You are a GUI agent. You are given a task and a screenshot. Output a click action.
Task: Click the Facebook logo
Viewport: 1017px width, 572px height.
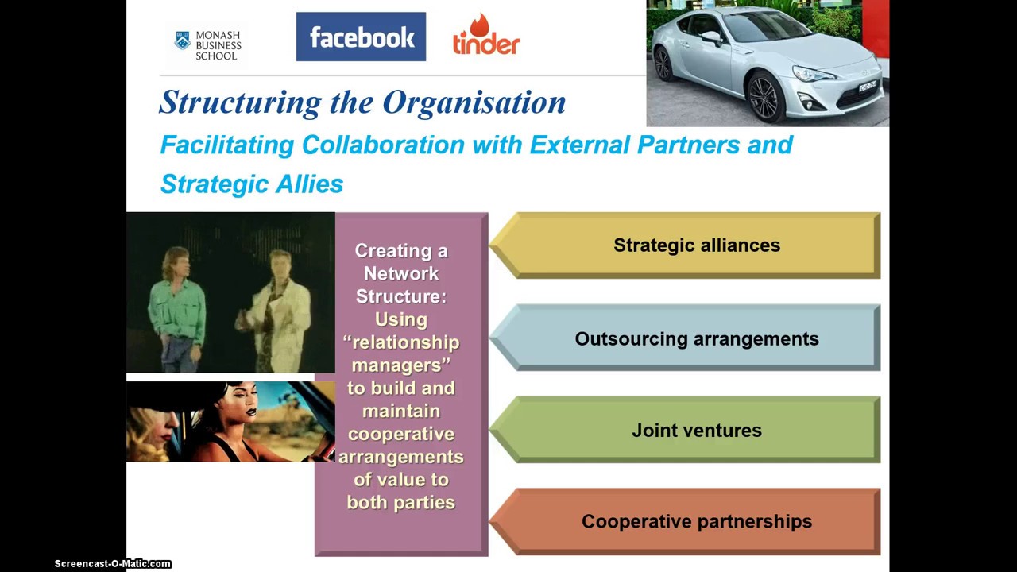point(361,37)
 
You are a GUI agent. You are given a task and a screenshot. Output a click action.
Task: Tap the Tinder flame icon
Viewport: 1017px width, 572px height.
point(480,24)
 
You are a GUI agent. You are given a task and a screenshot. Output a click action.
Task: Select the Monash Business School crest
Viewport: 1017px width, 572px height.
point(183,40)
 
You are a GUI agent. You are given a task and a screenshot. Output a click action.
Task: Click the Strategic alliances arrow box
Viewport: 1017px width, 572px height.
point(696,245)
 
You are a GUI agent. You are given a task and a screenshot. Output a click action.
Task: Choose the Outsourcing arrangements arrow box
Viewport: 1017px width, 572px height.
point(696,338)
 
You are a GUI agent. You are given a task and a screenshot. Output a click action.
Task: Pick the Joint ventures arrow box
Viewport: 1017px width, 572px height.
point(696,431)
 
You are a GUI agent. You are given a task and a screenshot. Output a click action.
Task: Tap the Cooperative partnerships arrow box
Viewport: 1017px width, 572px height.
point(696,522)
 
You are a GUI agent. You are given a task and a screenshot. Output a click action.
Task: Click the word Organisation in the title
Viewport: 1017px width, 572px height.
point(474,102)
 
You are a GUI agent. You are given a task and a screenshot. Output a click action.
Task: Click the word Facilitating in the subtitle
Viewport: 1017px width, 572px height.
point(227,145)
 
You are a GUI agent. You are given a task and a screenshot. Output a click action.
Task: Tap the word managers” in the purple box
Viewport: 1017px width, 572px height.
point(401,365)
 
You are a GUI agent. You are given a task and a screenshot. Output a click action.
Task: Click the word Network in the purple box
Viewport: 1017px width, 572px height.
point(401,273)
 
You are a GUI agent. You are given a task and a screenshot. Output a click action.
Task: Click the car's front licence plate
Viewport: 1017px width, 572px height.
point(868,86)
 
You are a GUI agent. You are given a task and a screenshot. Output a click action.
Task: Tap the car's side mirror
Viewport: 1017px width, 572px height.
point(711,37)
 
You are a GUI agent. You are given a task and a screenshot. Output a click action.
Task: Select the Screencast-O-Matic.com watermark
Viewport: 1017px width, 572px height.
point(113,564)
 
